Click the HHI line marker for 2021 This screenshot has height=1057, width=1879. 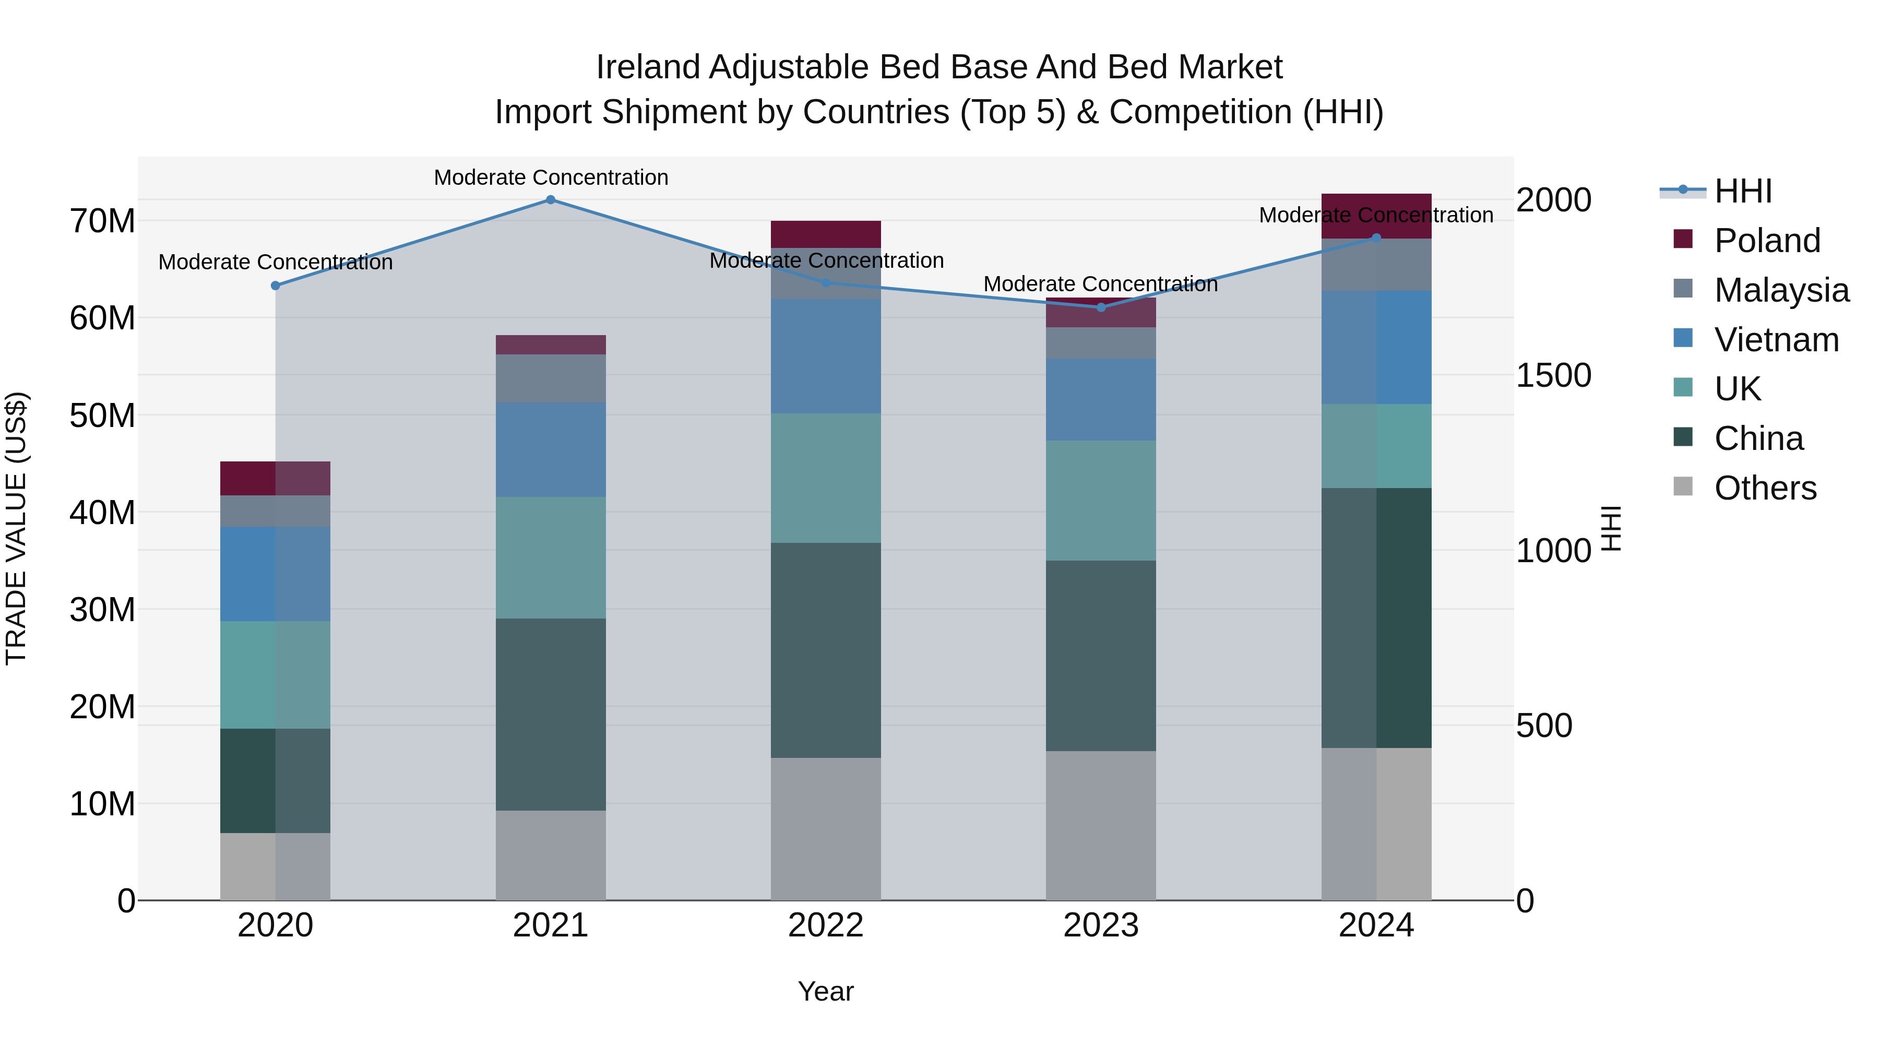coord(551,200)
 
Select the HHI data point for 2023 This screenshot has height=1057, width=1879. coord(1101,307)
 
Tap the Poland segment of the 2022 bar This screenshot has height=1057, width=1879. coord(826,234)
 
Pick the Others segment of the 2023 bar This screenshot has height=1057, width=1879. coord(1101,825)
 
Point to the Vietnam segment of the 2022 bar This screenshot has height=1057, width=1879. coord(826,356)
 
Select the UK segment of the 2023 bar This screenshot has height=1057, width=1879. coord(1101,501)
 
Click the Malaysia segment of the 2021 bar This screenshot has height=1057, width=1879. coord(551,378)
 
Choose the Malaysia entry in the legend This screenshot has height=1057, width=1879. coord(1780,290)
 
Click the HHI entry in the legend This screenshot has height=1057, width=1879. coord(1743,191)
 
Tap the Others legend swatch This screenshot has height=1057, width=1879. coord(1683,486)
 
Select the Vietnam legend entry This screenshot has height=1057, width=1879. coord(1776,340)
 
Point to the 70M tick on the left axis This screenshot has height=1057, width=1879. coord(102,221)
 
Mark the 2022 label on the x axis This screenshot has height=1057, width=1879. coord(826,925)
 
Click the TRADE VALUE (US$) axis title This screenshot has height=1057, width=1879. coord(17,528)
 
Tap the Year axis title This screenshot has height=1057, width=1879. coord(826,991)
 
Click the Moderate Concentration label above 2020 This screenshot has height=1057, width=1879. coord(275,262)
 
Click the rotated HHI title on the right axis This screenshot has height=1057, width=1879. coord(1611,528)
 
